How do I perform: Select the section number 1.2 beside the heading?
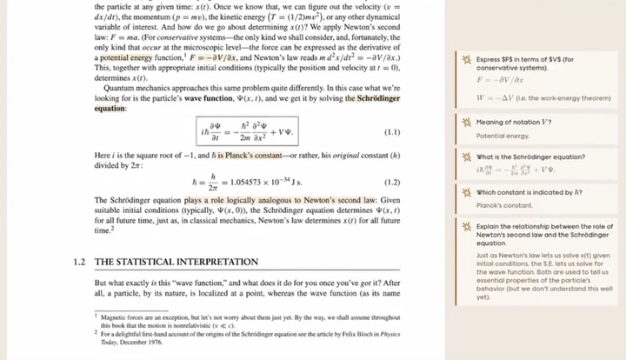tap(83, 262)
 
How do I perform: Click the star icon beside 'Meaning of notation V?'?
tap(467, 123)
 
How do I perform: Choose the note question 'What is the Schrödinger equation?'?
tap(524, 157)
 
